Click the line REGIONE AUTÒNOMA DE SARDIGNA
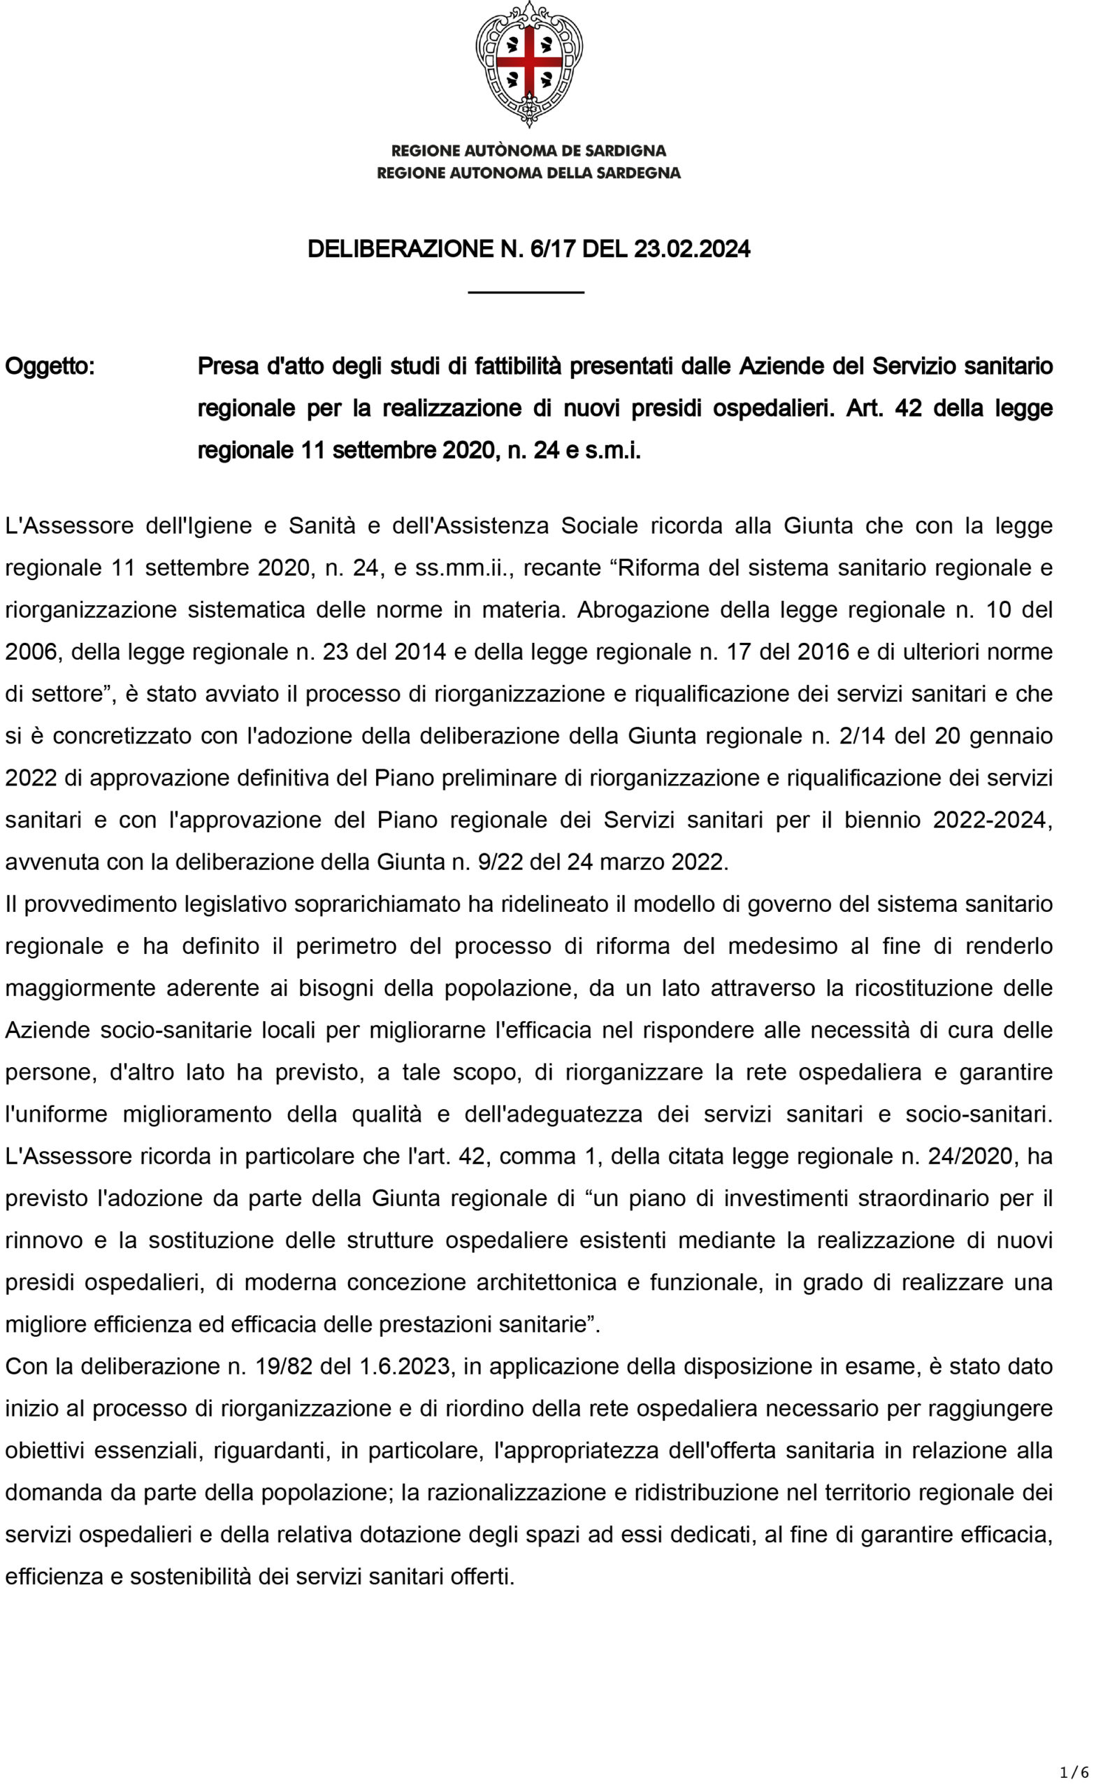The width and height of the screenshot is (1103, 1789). (529, 151)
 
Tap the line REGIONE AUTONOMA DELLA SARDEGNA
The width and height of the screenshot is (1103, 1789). (529, 173)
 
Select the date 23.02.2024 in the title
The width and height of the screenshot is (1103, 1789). (691, 249)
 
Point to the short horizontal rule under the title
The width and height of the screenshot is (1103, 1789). (526, 291)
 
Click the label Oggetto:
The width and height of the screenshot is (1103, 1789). (50, 366)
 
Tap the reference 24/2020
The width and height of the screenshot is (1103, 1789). (972, 1156)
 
